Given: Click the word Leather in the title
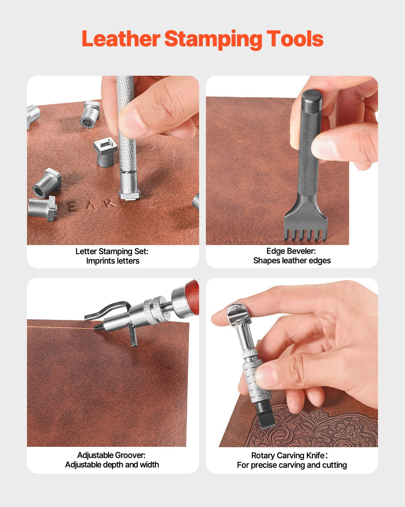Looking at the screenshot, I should point(120,39).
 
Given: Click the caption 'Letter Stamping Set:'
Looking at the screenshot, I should point(112,251).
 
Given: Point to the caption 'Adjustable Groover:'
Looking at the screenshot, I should point(111,455).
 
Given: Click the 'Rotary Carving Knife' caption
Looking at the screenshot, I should point(289,456).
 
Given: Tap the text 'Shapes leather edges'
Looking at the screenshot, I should point(292,261).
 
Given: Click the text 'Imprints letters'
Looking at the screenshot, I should point(113,261).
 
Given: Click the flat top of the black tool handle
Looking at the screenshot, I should point(312,96).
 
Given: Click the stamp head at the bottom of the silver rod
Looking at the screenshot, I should point(129,190).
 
